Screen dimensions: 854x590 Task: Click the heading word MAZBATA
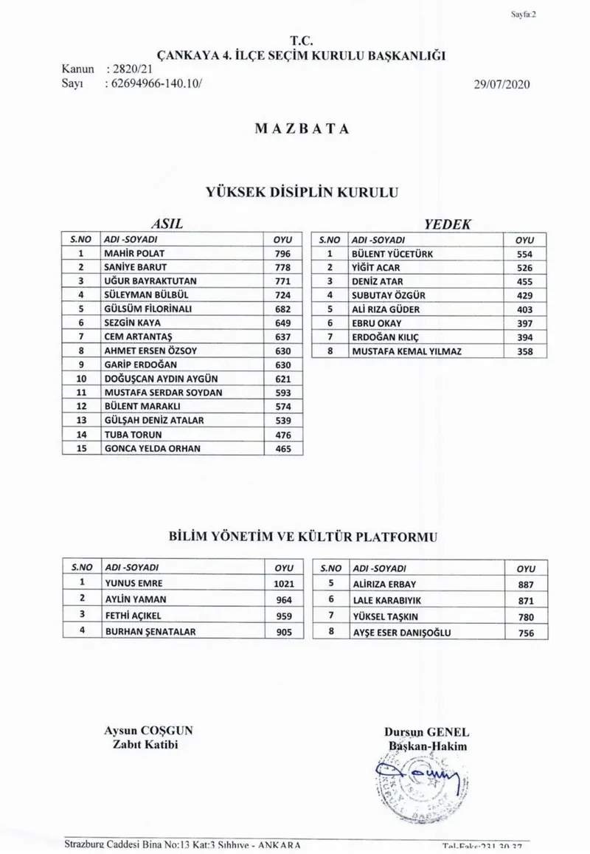click(302, 128)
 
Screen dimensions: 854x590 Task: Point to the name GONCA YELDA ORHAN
click(153, 448)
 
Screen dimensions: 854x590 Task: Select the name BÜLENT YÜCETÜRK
click(392, 253)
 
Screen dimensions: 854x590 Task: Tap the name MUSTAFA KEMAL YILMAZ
click(407, 351)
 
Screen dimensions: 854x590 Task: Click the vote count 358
click(525, 351)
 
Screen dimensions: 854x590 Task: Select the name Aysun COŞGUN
click(149, 731)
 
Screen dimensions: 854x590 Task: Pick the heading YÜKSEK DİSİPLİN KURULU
click(302, 191)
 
